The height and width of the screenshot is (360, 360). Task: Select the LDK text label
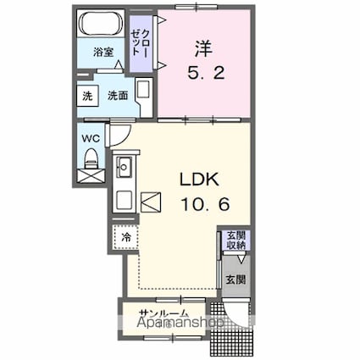tap(198, 180)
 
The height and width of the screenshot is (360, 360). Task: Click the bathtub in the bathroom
tap(102, 25)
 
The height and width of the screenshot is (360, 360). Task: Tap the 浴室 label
tap(103, 53)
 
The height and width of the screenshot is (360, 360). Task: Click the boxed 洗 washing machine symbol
tap(87, 97)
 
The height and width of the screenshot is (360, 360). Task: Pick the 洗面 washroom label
tap(117, 97)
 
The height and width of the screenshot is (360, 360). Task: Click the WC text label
tap(91, 136)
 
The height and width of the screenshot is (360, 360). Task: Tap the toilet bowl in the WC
tap(91, 158)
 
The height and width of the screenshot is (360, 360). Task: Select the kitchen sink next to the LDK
tap(124, 168)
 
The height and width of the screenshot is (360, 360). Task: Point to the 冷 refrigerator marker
tap(125, 237)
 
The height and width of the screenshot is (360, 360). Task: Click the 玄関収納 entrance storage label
tap(235, 240)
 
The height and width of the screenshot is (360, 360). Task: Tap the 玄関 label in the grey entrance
tap(235, 280)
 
